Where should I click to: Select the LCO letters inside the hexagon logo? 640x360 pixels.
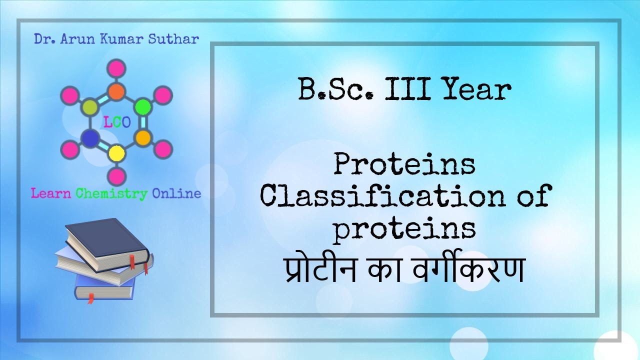116,121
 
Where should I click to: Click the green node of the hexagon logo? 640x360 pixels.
143,106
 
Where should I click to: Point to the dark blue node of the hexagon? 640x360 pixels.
90,138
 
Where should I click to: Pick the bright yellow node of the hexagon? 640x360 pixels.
116,152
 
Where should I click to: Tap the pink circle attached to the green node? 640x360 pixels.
163,94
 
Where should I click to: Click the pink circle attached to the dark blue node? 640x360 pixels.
70,149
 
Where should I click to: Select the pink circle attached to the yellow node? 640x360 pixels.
116,176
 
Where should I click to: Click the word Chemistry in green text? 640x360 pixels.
111,193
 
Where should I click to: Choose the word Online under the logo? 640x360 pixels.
176,193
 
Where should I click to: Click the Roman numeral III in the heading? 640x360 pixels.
405,90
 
